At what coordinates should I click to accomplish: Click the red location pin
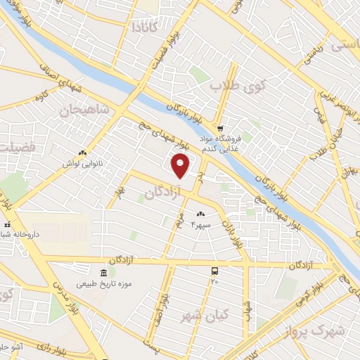(x=181, y=167)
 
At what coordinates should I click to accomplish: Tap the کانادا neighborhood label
(x=146, y=27)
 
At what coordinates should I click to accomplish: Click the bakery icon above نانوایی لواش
(x=83, y=153)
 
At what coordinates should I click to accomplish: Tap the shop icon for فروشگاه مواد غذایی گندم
(x=221, y=129)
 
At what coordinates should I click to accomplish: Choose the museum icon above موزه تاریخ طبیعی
(x=103, y=273)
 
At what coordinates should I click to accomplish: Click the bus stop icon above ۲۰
(x=214, y=271)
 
